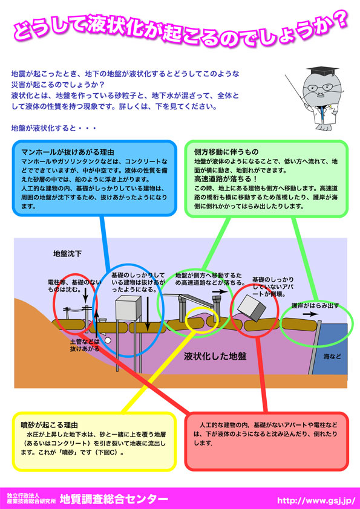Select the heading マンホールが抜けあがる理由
[x=68, y=152]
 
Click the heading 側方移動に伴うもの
[x=226, y=152]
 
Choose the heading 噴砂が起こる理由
[x=49, y=425]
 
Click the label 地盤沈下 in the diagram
[x=67, y=253]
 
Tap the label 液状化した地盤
[x=215, y=357]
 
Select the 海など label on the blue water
[x=332, y=357]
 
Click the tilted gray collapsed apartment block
[x=252, y=308]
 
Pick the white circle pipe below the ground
[x=107, y=340]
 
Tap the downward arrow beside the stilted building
[x=148, y=312]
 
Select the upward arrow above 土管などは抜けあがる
[x=96, y=324]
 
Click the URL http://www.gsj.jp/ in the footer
[x=315, y=499]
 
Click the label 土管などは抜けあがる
[x=85, y=345]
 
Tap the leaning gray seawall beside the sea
[x=315, y=347]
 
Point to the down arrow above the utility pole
[x=85, y=296]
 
